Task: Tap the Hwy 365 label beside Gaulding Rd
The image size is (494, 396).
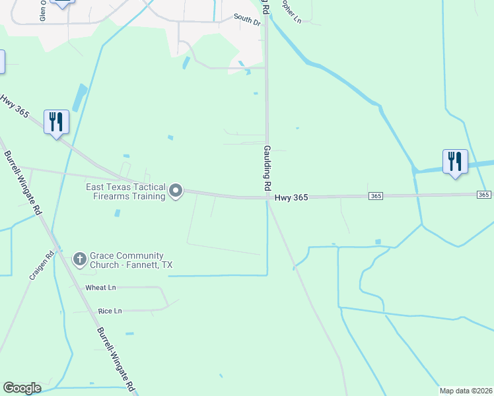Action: click(291, 197)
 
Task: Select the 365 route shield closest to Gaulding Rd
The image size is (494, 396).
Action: click(375, 196)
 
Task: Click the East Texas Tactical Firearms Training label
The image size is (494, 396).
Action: click(125, 191)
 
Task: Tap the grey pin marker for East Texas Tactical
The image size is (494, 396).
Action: click(176, 191)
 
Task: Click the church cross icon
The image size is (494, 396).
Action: click(79, 259)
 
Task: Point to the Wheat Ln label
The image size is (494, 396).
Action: click(100, 288)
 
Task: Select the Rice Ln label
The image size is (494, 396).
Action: click(110, 311)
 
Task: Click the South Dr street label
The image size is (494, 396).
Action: click(247, 20)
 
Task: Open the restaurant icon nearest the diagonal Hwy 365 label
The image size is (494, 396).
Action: click(55, 122)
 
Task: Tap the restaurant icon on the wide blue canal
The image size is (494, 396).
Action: click(455, 162)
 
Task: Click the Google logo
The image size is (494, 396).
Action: click(22, 388)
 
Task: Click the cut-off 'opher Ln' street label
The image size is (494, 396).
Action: click(291, 11)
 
